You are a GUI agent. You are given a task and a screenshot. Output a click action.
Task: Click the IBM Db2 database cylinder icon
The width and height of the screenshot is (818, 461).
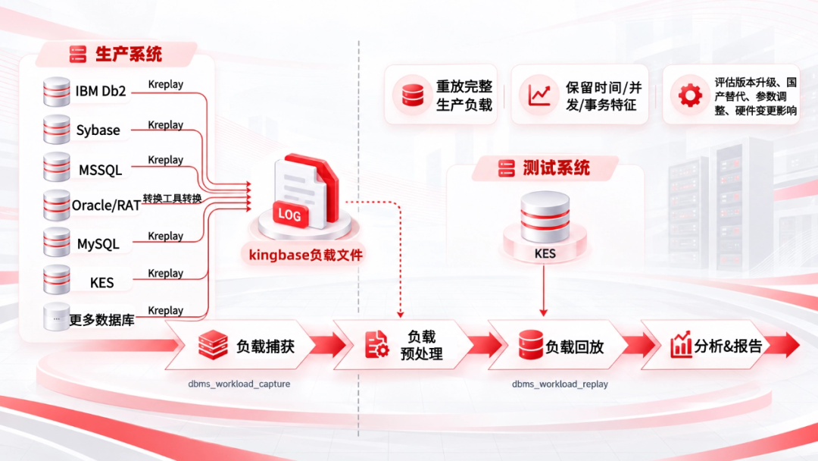[x=56, y=91]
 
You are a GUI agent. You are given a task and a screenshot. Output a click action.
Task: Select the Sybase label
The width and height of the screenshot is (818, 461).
[x=98, y=130]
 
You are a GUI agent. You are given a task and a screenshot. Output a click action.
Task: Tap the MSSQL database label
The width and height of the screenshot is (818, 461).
[x=100, y=170]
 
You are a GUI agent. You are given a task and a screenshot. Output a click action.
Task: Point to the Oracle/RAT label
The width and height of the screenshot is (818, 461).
[x=106, y=205]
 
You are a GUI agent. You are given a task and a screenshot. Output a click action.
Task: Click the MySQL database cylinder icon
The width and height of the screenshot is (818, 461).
[x=56, y=242]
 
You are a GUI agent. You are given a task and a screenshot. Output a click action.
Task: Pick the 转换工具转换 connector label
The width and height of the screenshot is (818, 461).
[x=172, y=199]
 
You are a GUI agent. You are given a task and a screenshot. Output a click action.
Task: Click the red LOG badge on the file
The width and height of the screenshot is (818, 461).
[x=290, y=214]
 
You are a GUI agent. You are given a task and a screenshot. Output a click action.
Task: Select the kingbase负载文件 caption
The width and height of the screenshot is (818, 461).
[x=305, y=255]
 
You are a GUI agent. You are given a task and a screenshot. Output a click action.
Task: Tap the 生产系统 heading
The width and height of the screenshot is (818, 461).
[x=128, y=54]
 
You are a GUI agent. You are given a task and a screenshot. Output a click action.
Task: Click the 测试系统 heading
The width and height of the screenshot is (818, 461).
[x=556, y=168]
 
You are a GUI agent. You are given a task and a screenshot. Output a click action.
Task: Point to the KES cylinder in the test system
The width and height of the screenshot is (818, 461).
[x=545, y=217]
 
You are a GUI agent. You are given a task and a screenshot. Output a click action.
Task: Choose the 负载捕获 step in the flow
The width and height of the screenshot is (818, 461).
[x=265, y=346]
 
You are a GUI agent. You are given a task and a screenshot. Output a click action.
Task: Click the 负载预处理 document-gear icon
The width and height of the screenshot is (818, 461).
[x=376, y=344]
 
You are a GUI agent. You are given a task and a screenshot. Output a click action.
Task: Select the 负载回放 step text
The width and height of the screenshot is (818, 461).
[x=574, y=347]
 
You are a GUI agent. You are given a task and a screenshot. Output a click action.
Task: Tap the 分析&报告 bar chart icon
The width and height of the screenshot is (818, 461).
[x=680, y=344]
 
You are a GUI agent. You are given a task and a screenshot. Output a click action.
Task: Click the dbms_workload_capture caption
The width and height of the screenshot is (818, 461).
[x=239, y=384]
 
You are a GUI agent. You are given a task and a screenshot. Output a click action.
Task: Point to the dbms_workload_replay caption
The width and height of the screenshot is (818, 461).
[x=560, y=384]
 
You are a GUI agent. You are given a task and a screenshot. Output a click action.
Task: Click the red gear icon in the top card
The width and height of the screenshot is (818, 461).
[x=690, y=95]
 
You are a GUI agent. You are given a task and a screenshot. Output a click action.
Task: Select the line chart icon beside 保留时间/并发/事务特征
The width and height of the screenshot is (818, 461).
[x=539, y=95]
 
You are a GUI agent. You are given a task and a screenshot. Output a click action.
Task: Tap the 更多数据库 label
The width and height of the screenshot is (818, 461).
[x=101, y=320]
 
